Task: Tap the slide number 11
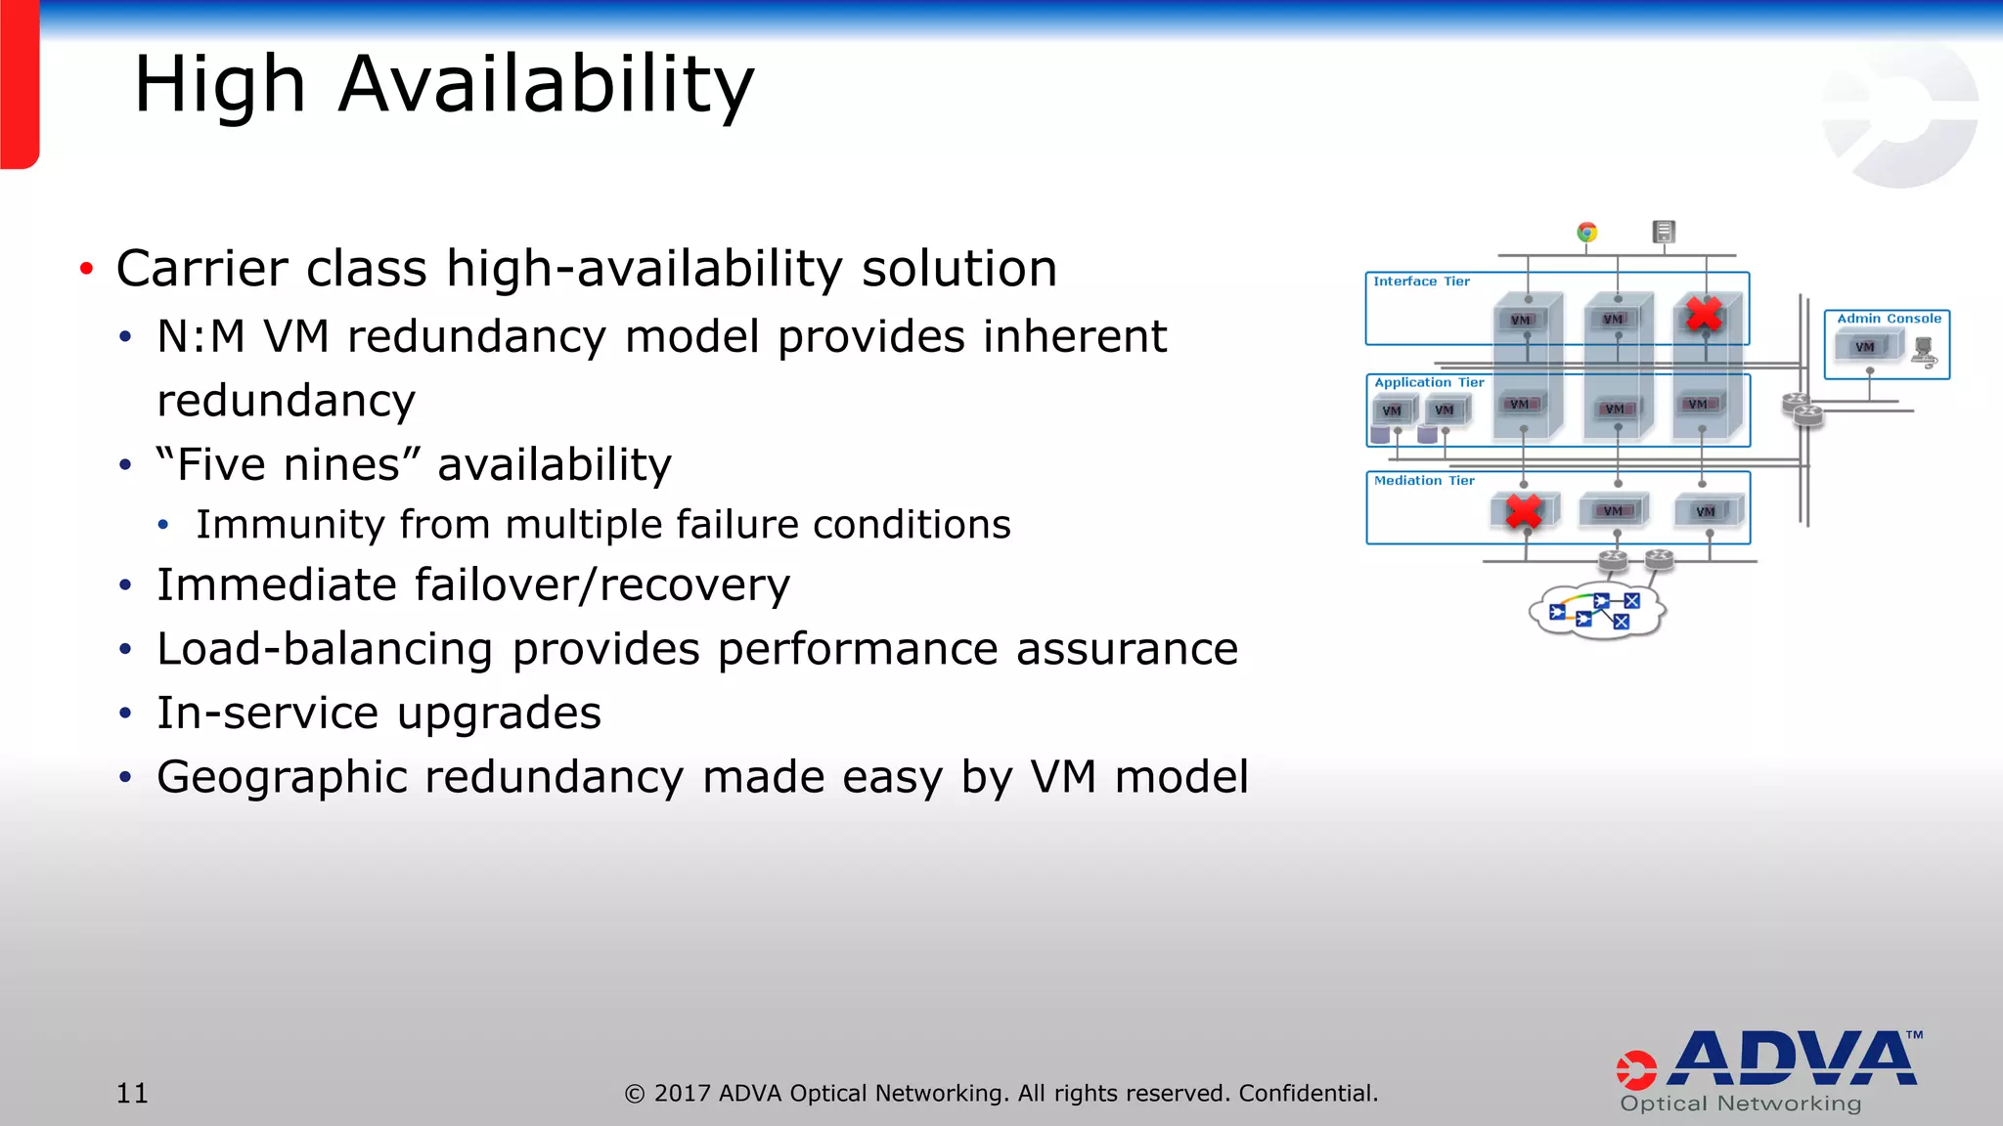(x=132, y=1093)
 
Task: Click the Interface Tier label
(x=1421, y=281)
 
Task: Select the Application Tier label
(x=1429, y=382)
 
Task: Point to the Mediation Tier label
(x=1424, y=481)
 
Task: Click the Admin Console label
(x=1889, y=319)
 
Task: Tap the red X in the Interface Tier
(x=1704, y=314)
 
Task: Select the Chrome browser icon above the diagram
(x=1587, y=232)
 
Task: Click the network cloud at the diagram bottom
(x=1596, y=613)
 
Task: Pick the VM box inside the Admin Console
(x=1865, y=347)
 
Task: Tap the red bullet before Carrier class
(x=87, y=269)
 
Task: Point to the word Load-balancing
(x=325, y=649)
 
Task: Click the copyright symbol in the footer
(x=635, y=1094)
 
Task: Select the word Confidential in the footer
(x=1308, y=1093)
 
